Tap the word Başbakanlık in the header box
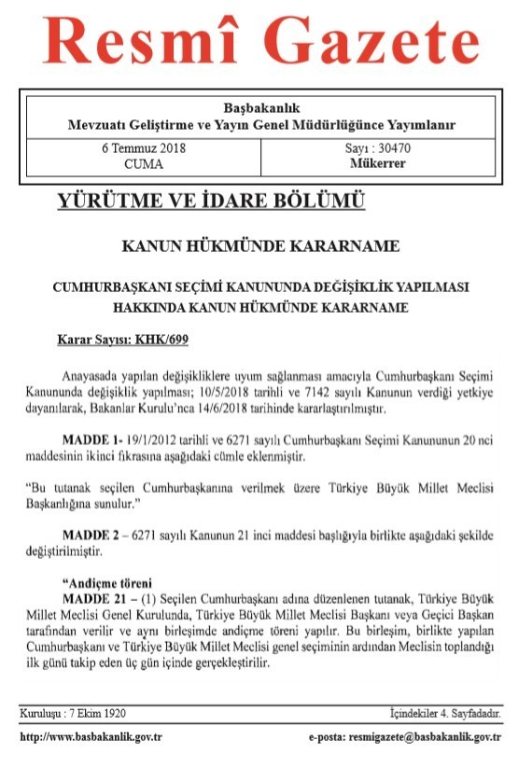[261, 108]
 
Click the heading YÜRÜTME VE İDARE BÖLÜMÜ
[211, 202]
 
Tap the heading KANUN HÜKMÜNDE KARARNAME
[261, 247]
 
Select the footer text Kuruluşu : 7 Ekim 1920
[75, 714]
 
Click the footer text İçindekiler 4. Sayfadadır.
[445, 714]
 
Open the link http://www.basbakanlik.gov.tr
[91, 737]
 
